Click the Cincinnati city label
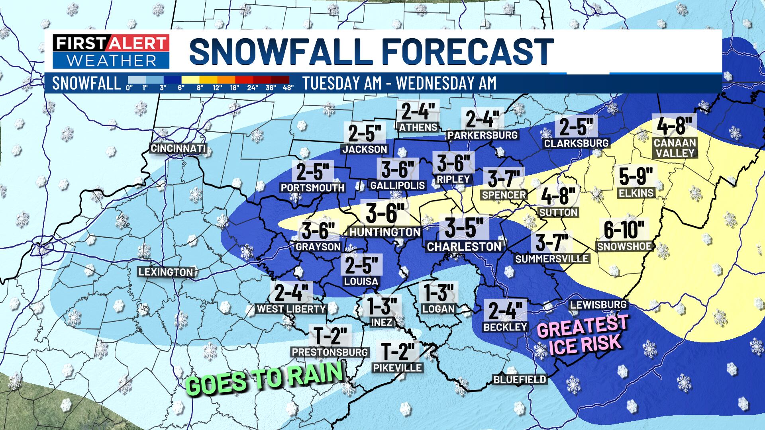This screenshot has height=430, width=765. click(x=178, y=149)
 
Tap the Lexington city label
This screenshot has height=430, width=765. click(x=166, y=272)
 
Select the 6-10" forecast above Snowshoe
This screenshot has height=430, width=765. click(x=624, y=230)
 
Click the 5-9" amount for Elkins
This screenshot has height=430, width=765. click(x=636, y=176)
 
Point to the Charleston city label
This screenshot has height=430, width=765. click(x=464, y=246)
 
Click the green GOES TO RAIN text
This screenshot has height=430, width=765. click(x=265, y=378)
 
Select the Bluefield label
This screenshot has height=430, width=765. click(x=520, y=380)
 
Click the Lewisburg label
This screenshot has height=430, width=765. click(x=598, y=305)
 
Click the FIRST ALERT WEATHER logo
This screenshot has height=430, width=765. click(x=111, y=52)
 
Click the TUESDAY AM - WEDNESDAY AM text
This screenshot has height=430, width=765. click(x=399, y=83)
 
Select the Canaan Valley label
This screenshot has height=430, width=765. click(x=675, y=148)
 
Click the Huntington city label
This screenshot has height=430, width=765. click(x=384, y=232)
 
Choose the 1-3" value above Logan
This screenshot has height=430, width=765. click(x=439, y=293)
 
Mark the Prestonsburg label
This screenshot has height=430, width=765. click(x=330, y=352)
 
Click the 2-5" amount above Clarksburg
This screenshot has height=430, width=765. click(x=576, y=127)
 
